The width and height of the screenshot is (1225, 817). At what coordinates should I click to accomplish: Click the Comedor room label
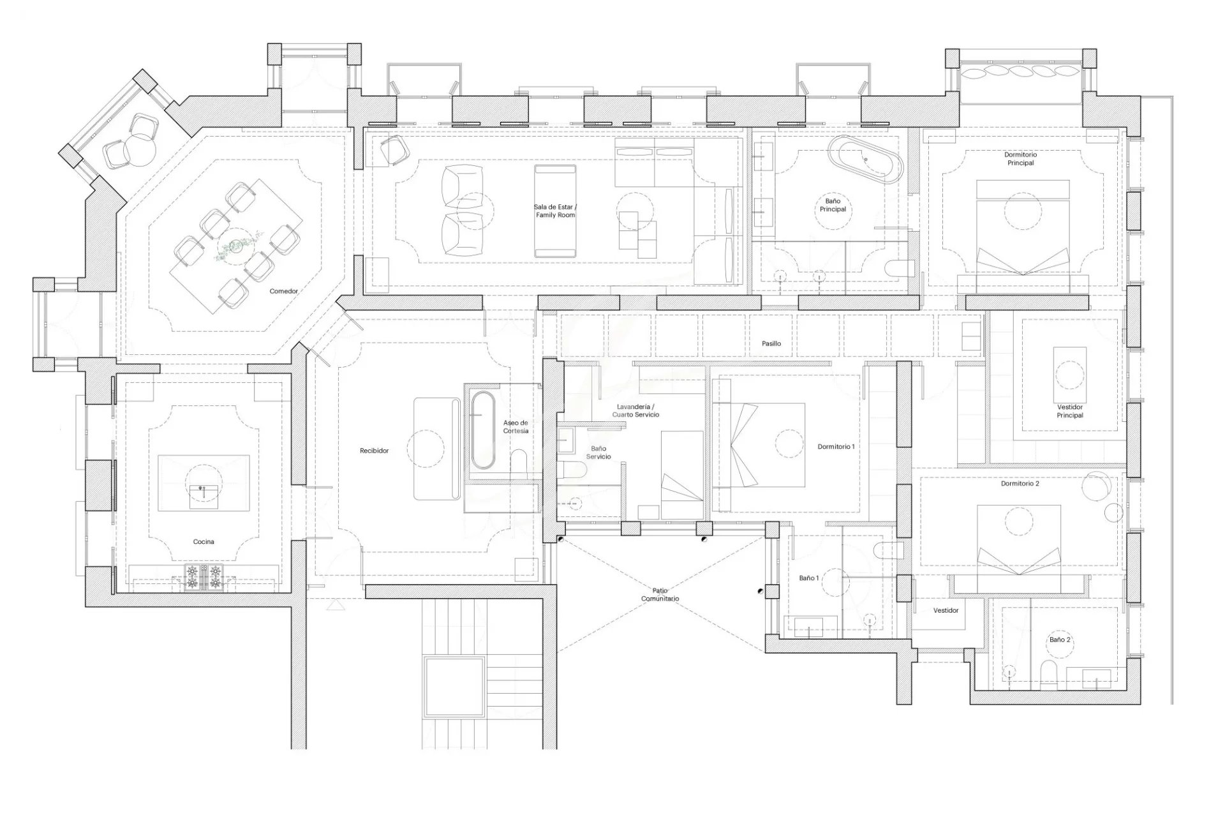283,291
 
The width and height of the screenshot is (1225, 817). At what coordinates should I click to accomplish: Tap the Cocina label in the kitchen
204,542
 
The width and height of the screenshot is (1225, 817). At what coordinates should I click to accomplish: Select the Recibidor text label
374,451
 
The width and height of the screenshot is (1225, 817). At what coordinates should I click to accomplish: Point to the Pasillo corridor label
771,343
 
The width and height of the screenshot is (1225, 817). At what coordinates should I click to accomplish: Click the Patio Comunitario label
660,595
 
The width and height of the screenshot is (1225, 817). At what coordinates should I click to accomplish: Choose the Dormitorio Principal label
1020,158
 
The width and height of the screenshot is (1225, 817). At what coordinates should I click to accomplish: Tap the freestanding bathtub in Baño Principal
866,160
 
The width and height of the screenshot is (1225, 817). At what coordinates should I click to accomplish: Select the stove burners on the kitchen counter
204,577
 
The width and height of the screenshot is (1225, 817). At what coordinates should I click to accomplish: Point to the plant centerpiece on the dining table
237,245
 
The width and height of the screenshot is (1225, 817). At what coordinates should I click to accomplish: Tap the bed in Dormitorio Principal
1023,227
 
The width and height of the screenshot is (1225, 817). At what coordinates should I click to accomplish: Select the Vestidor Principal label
1070,411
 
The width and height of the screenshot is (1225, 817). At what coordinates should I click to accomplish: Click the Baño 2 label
1060,640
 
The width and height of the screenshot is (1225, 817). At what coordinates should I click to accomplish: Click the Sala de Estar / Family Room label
555,211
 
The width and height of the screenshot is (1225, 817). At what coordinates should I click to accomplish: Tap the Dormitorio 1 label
836,447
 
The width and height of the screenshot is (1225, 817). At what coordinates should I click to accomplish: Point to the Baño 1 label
809,578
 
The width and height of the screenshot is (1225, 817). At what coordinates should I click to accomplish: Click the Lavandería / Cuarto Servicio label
635,410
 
